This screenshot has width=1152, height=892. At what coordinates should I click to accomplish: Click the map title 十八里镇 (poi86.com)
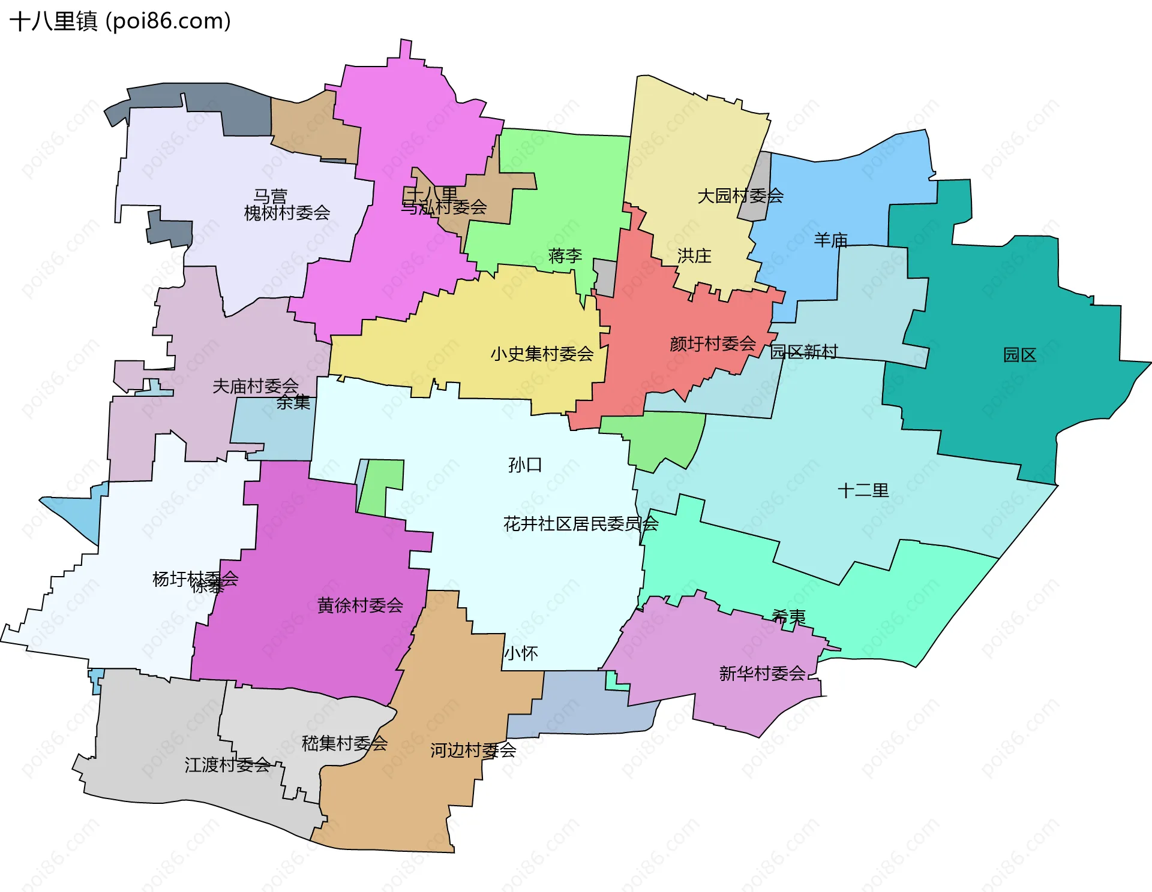pyautogui.click(x=120, y=22)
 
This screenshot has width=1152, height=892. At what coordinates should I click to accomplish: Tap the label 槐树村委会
pyautogui.click(x=287, y=213)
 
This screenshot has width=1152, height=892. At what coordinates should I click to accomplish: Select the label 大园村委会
pyautogui.click(x=740, y=195)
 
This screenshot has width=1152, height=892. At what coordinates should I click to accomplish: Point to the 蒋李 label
pyautogui.click(x=565, y=256)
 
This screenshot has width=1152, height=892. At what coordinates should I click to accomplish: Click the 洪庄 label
pyautogui.click(x=694, y=256)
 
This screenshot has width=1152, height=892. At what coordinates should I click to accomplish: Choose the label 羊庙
pyautogui.click(x=831, y=240)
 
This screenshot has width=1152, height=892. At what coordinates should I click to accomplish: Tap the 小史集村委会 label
pyautogui.click(x=542, y=354)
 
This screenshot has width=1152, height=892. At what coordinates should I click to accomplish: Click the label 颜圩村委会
pyautogui.click(x=713, y=343)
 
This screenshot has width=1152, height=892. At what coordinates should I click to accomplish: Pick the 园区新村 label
pyautogui.click(x=804, y=352)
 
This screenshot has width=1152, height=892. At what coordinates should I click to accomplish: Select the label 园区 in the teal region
pyautogui.click(x=1020, y=355)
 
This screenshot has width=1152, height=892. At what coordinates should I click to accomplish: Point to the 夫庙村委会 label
pyautogui.click(x=256, y=386)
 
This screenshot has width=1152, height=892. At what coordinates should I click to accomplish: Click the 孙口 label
pyautogui.click(x=525, y=465)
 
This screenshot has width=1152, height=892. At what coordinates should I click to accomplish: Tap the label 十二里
pyautogui.click(x=863, y=490)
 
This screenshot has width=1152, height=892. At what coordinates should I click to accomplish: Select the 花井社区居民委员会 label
pyautogui.click(x=581, y=524)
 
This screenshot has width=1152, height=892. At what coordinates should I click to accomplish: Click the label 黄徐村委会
pyautogui.click(x=360, y=605)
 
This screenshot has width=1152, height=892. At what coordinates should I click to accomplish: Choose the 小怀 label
pyautogui.click(x=521, y=653)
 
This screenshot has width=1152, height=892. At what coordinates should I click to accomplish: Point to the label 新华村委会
pyautogui.click(x=762, y=674)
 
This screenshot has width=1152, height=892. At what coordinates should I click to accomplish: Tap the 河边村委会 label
pyautogui.click(x=473, y=750)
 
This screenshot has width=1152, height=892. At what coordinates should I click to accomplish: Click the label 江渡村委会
pyautogui.click(x=227, y=765)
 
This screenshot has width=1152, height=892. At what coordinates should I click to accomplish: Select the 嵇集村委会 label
pyautogui.click(x=344, y=743)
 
